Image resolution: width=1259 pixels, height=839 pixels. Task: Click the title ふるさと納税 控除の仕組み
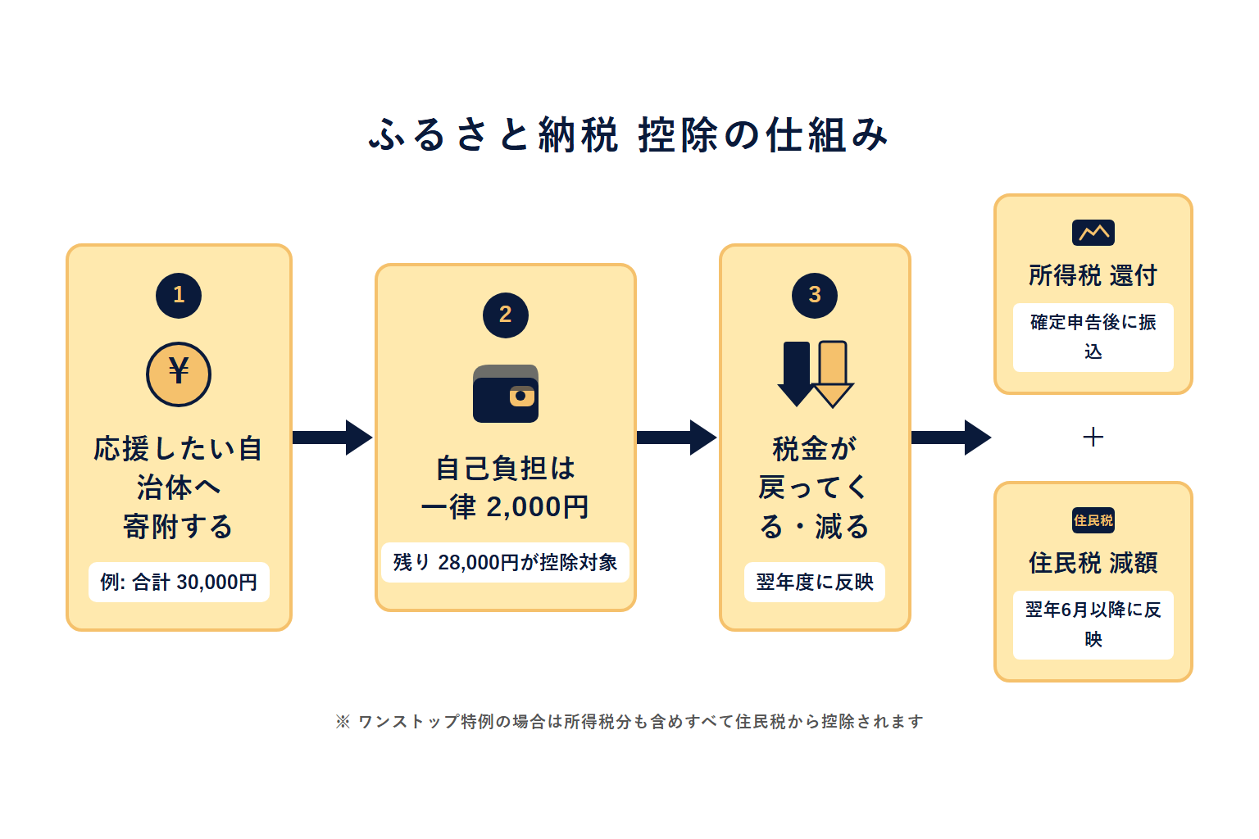point(629,135)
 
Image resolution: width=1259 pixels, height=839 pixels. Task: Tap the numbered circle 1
point(179,295)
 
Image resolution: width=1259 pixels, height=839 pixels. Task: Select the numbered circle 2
point(505,315)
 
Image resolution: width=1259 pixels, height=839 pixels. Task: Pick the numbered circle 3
point(814,295)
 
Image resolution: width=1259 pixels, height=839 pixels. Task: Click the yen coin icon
point(179,374)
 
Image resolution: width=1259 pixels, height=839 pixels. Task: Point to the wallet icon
point(505,394)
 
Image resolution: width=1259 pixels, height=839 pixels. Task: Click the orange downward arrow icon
point(833,374)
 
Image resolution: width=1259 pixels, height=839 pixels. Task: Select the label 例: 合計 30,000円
point(179,582)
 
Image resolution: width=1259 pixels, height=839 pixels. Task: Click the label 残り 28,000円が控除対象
point(505,562)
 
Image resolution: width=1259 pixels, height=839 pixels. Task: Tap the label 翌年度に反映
point(814,582)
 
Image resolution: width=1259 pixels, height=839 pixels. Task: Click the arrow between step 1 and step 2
point(333,438)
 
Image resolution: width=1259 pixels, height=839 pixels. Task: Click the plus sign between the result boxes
point(1093,437)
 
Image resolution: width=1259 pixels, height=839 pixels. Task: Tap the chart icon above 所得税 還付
point(1093,233)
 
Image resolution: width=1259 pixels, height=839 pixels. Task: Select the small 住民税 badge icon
point(1093,520)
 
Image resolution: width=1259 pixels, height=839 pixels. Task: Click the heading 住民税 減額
point(1093,563)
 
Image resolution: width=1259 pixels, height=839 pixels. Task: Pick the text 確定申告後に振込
point(1093,337)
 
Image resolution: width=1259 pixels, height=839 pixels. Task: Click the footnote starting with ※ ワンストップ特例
point(629,721)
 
